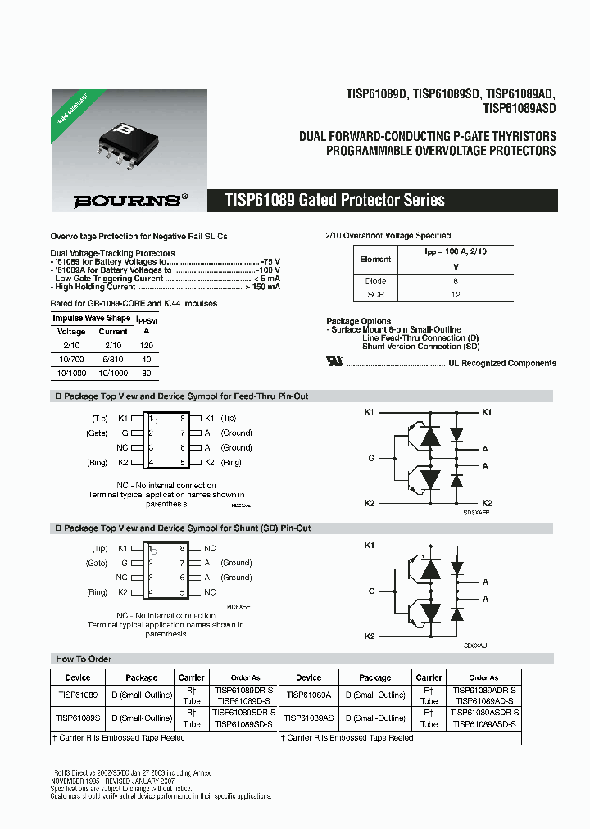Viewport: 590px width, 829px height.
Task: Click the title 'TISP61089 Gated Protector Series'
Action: coord(335,201)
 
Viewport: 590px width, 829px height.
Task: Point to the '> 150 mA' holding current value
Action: coord(262,287)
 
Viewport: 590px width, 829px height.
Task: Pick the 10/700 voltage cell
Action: coord(71,360)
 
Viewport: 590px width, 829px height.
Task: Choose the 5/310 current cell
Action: coord(113,360)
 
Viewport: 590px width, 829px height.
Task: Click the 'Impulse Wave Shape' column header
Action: coord(91,318)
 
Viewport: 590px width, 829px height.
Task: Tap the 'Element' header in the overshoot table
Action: coord(375,259)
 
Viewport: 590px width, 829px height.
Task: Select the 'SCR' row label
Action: coord(375,294)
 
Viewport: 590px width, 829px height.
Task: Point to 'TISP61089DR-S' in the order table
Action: coord(243,691)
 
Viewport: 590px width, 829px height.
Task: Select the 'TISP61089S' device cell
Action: coord(78,718)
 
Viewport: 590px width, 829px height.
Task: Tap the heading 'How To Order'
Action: coord(84,659)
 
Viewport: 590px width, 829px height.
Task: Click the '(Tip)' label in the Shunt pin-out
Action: coord(100,548)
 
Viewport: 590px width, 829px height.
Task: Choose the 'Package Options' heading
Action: coord(358,321)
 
